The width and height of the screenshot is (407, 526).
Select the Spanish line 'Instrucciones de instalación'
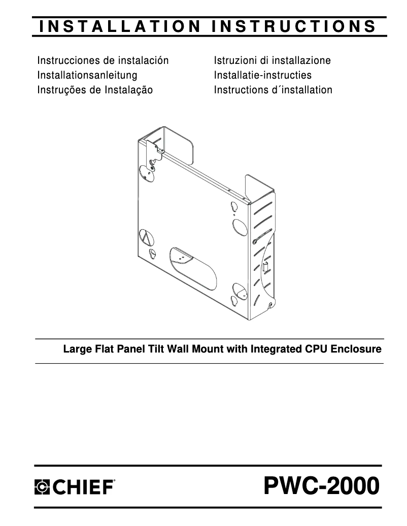point(103,61)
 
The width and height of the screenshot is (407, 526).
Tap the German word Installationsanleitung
point(87,76)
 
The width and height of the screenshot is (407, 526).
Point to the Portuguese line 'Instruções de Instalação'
point(95,90)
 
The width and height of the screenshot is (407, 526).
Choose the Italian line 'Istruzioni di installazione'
point(272,61)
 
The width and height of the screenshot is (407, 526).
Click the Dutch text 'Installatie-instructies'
point(262,76)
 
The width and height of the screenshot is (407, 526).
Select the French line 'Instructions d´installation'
point(273,90)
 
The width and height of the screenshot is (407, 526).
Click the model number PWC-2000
point(321,487)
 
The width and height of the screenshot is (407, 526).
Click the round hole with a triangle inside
point(145,237)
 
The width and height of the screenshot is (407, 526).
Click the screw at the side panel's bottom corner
point(270,306)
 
